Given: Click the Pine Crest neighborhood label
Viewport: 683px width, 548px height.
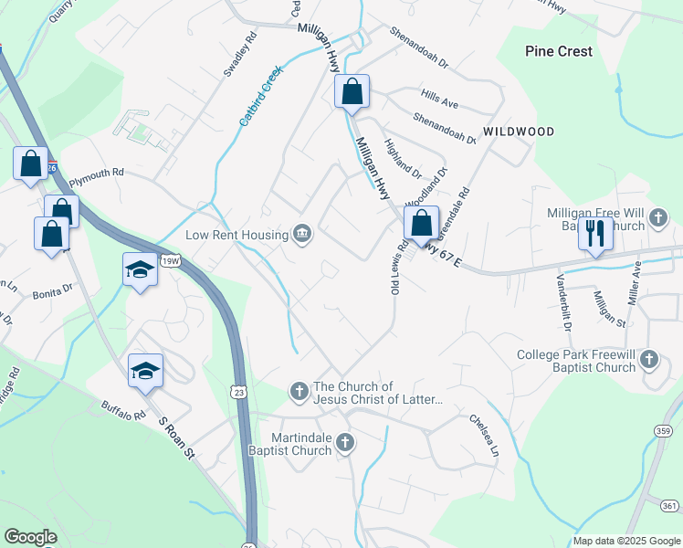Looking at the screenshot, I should [x=559, y=52].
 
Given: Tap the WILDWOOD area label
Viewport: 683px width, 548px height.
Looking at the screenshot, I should [x=519, y=132].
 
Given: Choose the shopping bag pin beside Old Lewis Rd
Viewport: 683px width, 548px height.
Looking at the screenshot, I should [x=421, y=224].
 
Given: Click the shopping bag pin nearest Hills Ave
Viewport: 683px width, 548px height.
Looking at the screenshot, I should [x=352, y=92].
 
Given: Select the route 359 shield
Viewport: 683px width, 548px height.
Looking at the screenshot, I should [x=664, y=430].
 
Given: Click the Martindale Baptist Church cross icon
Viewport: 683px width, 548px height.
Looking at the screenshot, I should [x=344, y=443].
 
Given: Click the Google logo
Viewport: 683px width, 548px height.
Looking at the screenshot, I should [x=30, y=537].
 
